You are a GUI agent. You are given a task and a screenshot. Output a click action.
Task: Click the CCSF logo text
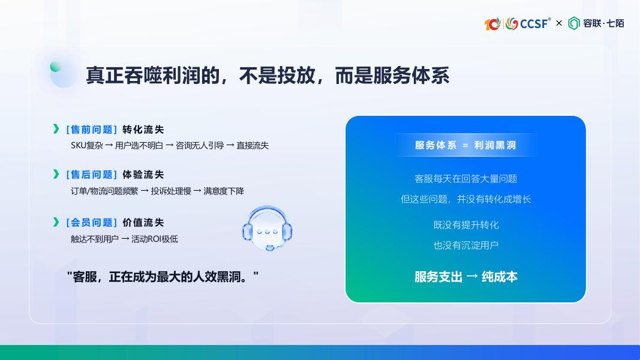coord(534,23)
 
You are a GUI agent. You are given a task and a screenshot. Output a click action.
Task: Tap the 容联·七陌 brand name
coord(603,23)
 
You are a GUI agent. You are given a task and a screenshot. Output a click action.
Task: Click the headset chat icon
coord(268,228)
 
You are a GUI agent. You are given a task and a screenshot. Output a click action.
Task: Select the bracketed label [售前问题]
coord(92,130)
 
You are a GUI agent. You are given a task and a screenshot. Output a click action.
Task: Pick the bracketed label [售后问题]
coord(92,175)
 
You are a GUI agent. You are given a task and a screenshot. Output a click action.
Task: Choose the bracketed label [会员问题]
coord(92,223)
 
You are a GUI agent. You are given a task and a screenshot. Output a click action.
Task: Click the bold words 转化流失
coord(143,130)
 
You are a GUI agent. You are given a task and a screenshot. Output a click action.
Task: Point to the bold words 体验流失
coord(143,175)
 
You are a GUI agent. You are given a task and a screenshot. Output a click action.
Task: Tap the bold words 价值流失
coord(143,223)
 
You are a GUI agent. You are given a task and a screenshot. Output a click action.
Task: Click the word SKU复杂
coord(87,146)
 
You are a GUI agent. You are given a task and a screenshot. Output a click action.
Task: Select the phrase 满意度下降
coord(224,191)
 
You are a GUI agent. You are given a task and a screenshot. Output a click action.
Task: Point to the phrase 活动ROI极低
coord(155,239)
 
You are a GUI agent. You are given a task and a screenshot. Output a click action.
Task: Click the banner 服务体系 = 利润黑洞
coord(465,145)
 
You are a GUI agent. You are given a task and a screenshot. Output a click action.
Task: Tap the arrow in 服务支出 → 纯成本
coord(472,277)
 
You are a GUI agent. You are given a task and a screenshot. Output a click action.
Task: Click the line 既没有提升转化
coord(466,225)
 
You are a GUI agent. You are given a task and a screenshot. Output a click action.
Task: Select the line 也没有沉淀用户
coord(466,245)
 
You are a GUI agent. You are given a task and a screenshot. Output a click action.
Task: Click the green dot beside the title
coord(56,67)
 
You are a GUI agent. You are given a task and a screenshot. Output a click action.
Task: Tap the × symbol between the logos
coord(559,23)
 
